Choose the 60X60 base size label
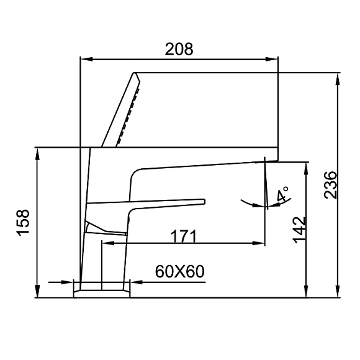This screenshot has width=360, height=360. tap(180, 271)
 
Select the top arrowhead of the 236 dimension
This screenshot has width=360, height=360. tap(338, 78)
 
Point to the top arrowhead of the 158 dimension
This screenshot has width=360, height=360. tap(38, 153)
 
